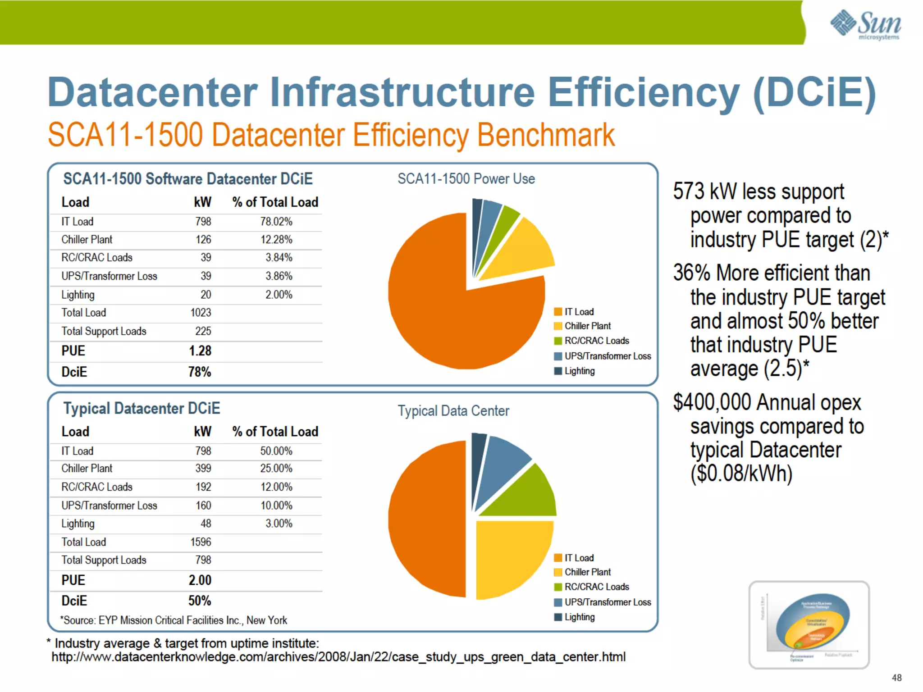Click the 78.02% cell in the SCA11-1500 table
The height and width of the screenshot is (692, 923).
(276, 222)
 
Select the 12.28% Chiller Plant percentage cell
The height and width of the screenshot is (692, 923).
(276, 240)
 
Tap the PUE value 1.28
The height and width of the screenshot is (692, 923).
(200, 351)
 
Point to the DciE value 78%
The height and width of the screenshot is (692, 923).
(199, 372)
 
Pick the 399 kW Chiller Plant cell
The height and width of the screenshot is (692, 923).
(203, 469)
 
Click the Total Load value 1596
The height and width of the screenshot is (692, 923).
(201, 542)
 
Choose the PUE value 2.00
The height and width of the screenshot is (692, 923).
(200, 580)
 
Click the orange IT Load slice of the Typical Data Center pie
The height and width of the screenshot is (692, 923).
(424, 518)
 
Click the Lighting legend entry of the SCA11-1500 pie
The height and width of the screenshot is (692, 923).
(579, 371)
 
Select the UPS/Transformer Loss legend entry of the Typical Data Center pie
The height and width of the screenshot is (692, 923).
(607, 602)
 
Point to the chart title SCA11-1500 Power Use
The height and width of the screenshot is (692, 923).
(466, 179)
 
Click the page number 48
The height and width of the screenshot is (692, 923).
(896, 678)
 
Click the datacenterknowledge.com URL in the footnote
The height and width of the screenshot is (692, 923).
(338, 657)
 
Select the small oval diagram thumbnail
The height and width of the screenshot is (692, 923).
(809, 625)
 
